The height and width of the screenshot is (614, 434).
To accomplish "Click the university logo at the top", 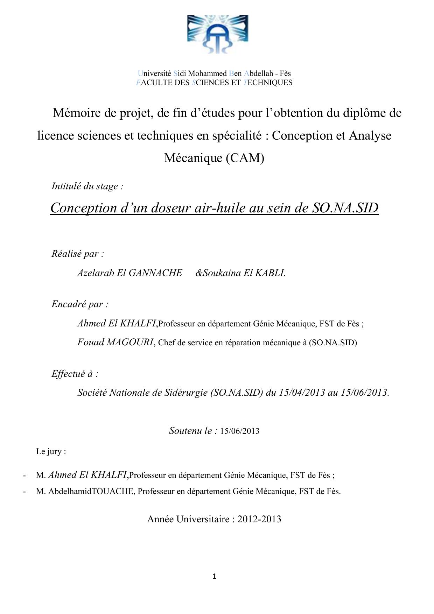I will point(217,34).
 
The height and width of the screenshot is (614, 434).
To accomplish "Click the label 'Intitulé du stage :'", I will point(87,186).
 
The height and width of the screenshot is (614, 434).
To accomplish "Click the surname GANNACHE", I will point(155,273).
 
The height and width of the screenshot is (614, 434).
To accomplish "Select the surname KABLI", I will point(270,273).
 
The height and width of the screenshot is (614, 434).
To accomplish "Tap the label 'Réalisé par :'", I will point(78,254).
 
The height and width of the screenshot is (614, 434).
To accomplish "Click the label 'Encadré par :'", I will point(80,304).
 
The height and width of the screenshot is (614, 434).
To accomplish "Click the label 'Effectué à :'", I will point(75,374).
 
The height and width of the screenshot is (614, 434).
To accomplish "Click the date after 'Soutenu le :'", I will point(240,431).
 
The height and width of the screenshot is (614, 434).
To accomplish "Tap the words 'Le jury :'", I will point(51,451).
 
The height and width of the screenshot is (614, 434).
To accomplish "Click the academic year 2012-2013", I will point(259,519).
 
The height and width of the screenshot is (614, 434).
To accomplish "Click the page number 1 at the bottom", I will point(214,576).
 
